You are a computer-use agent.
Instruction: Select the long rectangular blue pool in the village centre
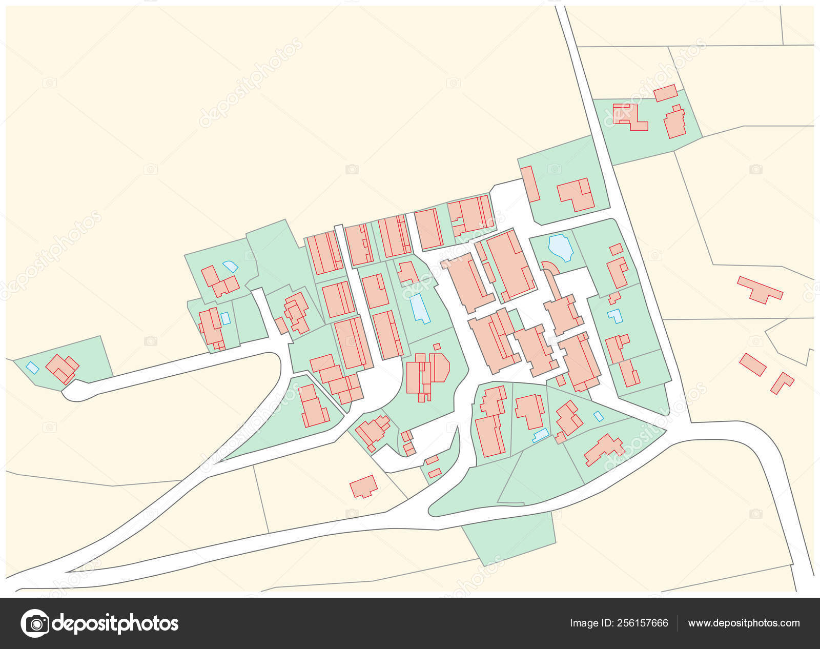[420, 308]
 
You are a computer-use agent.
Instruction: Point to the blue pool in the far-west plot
[32, 368]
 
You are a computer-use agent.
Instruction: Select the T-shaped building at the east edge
[760, 289]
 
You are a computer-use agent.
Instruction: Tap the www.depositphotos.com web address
[744, 623]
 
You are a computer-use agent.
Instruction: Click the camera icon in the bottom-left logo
[34, 623]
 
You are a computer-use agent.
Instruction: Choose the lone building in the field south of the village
[364, 486]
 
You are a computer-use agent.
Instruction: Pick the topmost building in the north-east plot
[665, 93]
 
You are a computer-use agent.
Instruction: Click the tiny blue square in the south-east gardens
[598, 416]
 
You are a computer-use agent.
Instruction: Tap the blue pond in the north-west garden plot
[230, 267]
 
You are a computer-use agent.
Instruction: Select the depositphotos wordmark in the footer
[115, 623]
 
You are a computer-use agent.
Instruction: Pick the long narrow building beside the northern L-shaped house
[530, 184]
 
